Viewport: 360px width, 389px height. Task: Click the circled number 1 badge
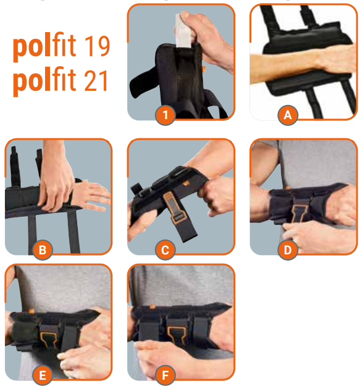point(165,115)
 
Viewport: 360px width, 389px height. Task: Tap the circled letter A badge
point(288,115)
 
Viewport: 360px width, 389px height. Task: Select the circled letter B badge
point(43,249)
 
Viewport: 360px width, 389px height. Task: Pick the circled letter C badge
point(165,249)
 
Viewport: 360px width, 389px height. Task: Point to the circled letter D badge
point(288,249)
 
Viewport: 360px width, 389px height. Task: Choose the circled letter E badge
point(43,375)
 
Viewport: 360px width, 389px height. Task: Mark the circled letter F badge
point(165,375)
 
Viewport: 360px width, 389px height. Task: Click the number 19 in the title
point(97,46)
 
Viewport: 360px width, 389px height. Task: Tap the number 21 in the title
point(96,81)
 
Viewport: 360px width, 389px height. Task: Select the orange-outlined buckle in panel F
point(177,334)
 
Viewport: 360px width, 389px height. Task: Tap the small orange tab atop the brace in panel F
point(152,307)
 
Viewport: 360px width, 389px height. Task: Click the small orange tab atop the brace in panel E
point(31,311)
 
